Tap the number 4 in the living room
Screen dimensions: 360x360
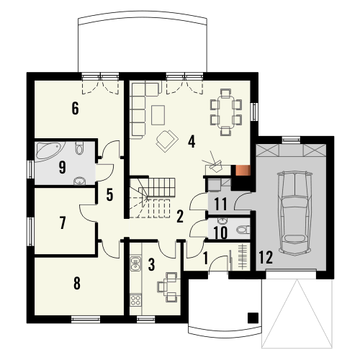tap(192, 140)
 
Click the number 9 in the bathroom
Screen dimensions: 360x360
tap(63, 168)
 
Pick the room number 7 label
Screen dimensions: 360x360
tap(63, 223)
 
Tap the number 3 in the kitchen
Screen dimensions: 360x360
tap(152, 264)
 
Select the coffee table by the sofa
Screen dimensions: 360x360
tap(158, 113)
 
